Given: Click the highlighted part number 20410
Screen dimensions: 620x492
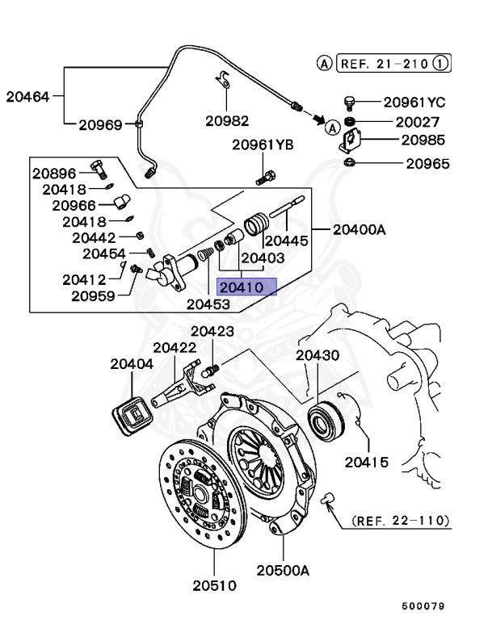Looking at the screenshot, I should click(x=247, y=287).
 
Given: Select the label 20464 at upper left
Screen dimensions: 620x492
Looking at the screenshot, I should click(x=28, y=97).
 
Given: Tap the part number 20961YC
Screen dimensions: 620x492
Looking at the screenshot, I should click(x=414, y=103).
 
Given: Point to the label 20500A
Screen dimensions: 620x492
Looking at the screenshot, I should click(x=284, y=569).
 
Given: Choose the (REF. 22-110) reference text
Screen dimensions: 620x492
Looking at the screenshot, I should click(x=400, y=521).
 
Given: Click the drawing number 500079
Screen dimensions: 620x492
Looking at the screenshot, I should click(x=425, y=605).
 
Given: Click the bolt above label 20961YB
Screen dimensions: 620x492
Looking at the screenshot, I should click(x=267, y=174).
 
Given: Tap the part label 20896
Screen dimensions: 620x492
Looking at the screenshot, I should click(x=54, y=173).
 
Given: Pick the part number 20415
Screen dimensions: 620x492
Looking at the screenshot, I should click(x=367, y=463).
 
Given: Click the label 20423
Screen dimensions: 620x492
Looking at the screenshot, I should click(x=212, y=332).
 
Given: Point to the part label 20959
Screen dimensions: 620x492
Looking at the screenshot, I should click(x=93, y=295).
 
